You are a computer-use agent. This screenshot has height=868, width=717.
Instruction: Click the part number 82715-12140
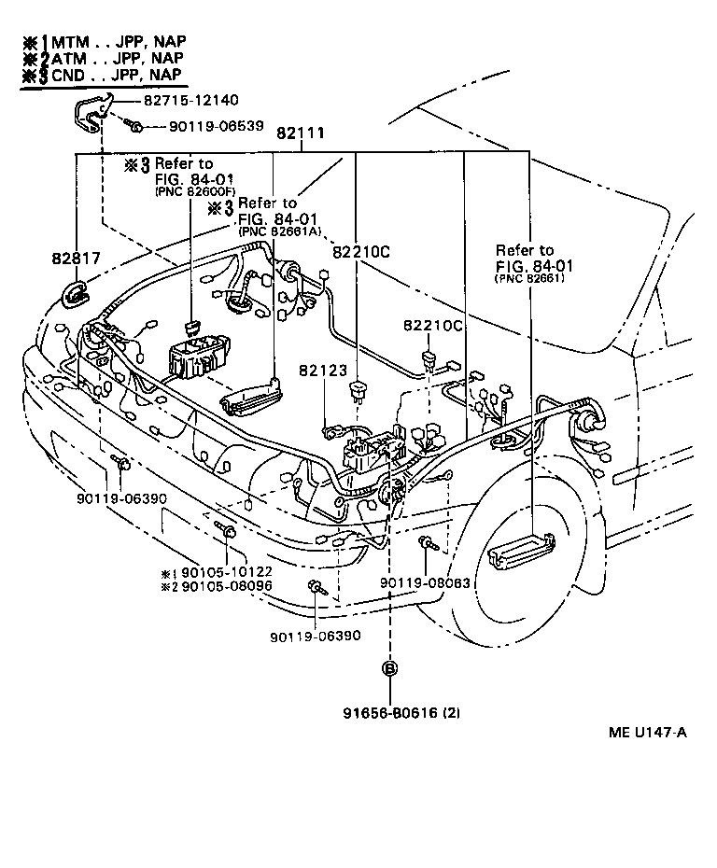pos(191,100)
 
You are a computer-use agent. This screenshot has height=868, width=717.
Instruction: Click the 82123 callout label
pos(319,371)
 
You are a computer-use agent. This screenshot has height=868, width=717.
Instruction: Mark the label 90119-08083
pos(425,583)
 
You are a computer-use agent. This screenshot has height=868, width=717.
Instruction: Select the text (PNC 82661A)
pos(280,231)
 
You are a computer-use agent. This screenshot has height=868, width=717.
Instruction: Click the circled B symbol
pos(389,668)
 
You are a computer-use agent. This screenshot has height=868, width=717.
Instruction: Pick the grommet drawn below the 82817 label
pos(75,297)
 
